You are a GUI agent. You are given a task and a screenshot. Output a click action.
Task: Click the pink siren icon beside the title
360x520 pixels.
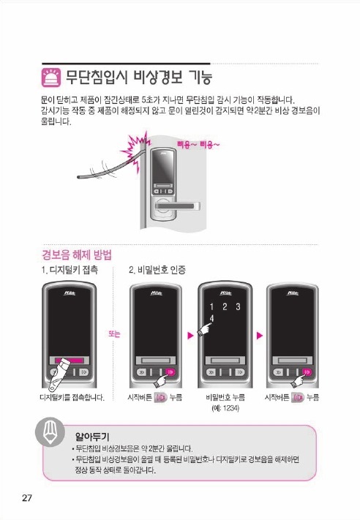point(51,78)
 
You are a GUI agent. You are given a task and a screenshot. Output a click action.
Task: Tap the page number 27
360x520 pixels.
point(27,497)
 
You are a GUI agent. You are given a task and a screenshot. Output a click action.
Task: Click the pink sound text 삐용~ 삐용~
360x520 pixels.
point(198,145)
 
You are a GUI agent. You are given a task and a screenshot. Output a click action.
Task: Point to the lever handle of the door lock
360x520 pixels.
point(178,206)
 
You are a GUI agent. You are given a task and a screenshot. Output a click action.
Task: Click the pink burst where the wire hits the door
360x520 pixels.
point(135,148)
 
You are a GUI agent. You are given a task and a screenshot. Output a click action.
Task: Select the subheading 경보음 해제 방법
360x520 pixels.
point(77,255)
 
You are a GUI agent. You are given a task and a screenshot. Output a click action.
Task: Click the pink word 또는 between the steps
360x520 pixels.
point(114,334)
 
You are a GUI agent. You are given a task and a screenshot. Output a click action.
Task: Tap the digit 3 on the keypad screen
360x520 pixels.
point(238,306)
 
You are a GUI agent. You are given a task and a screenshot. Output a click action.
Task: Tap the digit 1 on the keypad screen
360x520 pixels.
point(211,306)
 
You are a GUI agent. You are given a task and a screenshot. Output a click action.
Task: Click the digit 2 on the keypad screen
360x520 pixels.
point(225,306)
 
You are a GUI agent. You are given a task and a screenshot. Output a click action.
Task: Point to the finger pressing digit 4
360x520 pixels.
point(204,329)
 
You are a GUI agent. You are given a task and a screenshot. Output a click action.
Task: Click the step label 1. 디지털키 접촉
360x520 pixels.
point(70,270)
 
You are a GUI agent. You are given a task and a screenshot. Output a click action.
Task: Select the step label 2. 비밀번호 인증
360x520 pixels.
point(157,270)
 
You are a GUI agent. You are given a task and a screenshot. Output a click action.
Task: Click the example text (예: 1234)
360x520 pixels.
point(225,408)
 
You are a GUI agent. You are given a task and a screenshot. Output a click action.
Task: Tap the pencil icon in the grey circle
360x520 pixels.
point(50,432)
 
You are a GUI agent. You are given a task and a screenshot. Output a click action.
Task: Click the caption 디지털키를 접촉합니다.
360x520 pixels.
point(72,397)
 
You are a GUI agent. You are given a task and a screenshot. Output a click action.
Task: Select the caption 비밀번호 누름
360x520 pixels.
point(225,397)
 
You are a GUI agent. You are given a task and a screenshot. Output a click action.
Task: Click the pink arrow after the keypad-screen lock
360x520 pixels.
point(260,335)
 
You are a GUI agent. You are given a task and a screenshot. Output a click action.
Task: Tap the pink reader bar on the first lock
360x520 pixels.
point(70,360)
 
